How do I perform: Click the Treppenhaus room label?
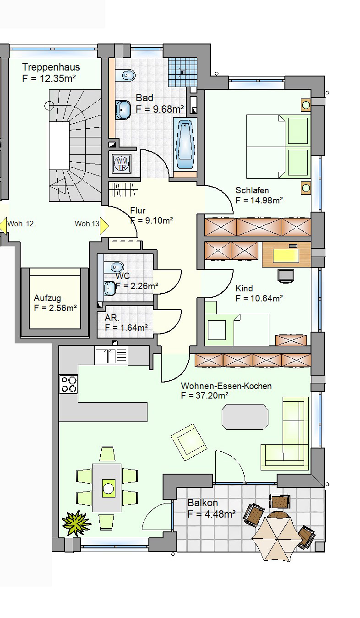coord(51,67)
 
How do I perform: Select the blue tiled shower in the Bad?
coord(183,72)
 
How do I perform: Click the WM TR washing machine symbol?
coord(122,164)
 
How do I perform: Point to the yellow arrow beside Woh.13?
coord(104,226)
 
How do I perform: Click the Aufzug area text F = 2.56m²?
coord(55,308)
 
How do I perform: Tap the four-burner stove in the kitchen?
coord(69,384)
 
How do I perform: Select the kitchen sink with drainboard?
coord(111,356)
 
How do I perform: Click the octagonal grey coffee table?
coord(245,417)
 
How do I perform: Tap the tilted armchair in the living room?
coord(189,442)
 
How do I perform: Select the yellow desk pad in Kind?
coord(286,256)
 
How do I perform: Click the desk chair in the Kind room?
coord(286,276)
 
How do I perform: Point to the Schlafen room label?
coord(252,191)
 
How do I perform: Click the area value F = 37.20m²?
coord(204,396)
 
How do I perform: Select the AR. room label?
coord(112,318)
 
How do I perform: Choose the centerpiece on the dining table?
coord(108,488)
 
